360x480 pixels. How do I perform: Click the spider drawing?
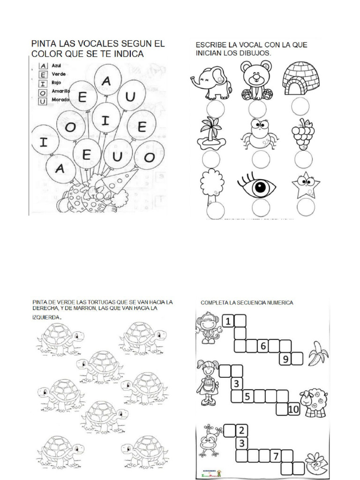258,134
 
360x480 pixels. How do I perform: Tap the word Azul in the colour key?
57,66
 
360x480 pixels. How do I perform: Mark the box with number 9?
285,360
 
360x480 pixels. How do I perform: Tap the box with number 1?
227,322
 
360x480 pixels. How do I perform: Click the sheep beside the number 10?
313,403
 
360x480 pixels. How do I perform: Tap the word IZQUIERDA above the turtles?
46,317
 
